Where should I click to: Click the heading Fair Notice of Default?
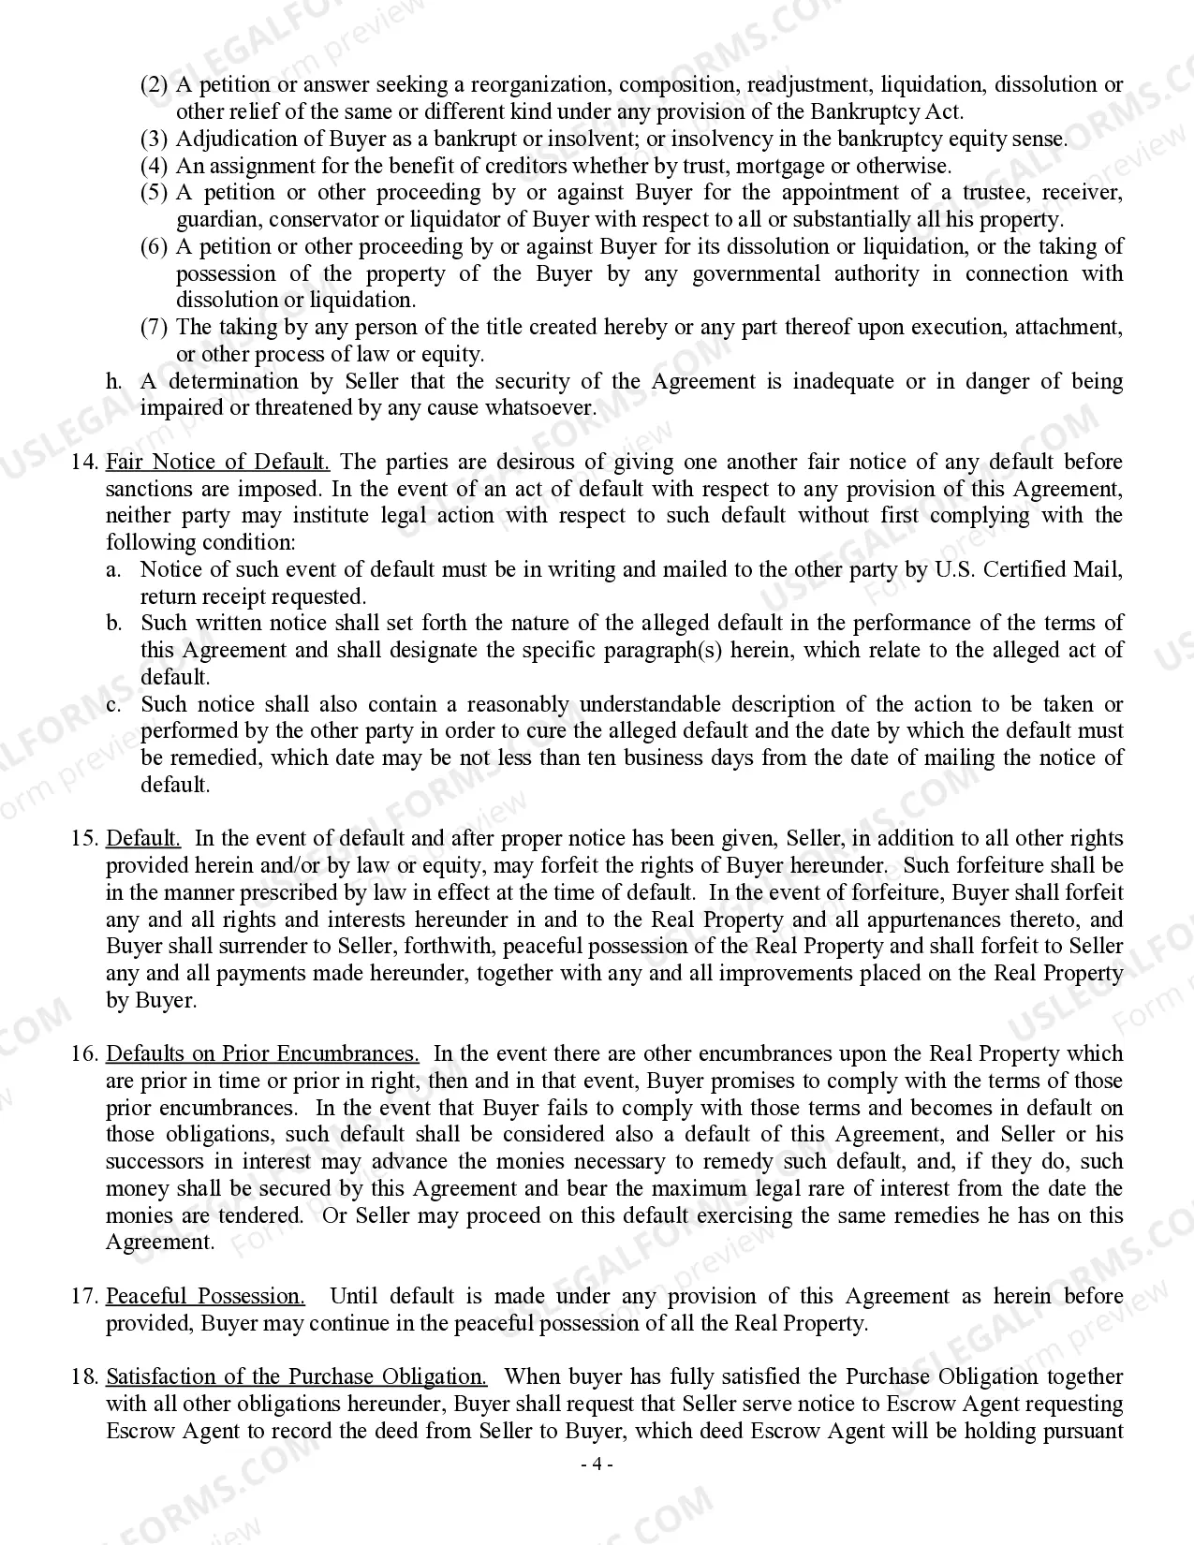(x=217, y=462)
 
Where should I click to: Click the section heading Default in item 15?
(x=143, y=838)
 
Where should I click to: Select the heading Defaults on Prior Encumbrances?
(x=262, y=1053)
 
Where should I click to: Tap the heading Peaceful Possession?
(x=205, y=1296)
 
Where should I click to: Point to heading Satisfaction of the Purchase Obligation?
(x=296, y=1376)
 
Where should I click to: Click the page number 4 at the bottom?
(x=597, y=1464)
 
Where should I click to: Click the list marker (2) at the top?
(x=154, y=85)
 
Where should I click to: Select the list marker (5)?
(x=154, y=193)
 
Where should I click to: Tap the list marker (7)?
(x=154, y=328)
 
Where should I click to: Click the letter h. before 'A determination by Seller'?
(x=113, y=381)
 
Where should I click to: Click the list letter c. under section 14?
(x=113, y=704)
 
